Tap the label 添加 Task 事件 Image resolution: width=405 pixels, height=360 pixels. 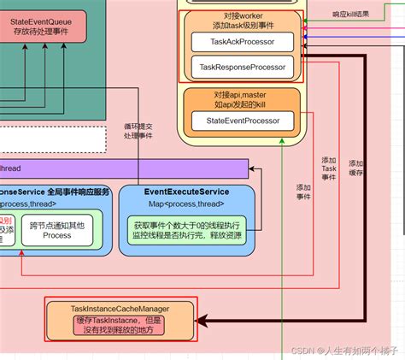click(329, 170)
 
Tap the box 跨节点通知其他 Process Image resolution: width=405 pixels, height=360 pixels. click(56, 230)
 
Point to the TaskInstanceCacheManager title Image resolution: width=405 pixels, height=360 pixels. click(120, 307)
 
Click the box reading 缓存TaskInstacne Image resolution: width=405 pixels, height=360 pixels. click(120, 326)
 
